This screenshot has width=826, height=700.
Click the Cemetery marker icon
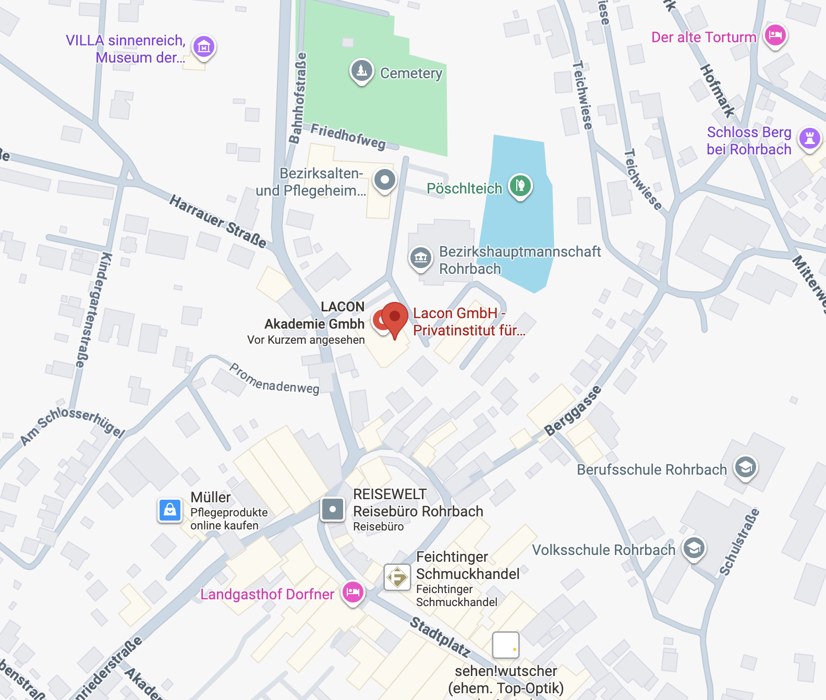coord(361,70)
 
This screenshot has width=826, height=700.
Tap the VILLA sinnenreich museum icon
coord(204,47)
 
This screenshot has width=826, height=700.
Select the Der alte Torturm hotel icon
coord(775,35)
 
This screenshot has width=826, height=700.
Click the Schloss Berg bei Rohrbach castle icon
coord(810,138)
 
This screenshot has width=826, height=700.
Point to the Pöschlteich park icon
coord(520,185)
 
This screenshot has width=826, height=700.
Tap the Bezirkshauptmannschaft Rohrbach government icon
coord(421,257)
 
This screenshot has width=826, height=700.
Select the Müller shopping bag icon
coord(170,510)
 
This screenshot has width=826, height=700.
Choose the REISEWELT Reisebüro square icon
coord(333,509)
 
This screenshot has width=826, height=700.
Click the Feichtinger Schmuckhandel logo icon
coord(397,577)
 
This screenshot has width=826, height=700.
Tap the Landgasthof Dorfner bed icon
coord(353,592)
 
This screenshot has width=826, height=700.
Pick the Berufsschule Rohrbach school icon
coord(746,467)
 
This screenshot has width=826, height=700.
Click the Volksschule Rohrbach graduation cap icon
coord(694,548)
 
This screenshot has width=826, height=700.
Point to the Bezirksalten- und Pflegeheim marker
coord(385,180)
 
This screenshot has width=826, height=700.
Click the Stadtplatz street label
coord(440,636)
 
